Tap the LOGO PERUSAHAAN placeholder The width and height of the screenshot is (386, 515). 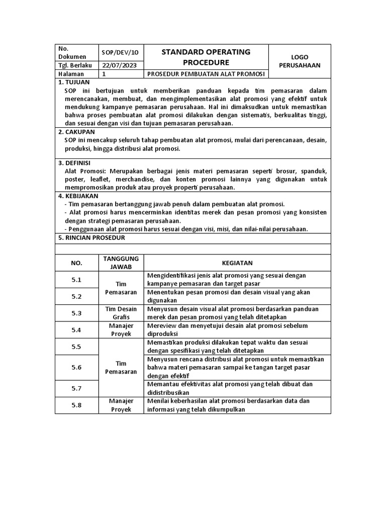coord(300,61)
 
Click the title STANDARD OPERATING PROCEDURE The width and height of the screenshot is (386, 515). coord(206,57)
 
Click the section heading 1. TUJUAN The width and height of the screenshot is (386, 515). coord(74,82)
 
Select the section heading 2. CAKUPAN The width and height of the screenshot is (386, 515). coord(77,132)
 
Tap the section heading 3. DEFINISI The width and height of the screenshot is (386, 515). coord(76,163)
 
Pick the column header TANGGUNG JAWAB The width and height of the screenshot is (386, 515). coord(121,263)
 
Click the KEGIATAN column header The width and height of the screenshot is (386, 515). coord(237,263)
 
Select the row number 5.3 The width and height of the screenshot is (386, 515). coord(76,313)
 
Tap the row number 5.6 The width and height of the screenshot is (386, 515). coord(76,367)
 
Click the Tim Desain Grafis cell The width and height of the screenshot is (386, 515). coord(121,313)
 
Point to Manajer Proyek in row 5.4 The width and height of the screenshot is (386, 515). coord(121,330)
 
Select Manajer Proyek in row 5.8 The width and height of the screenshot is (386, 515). coord(121,405)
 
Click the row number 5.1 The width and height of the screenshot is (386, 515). coord(76,280)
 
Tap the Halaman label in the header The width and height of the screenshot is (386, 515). coord(69,74)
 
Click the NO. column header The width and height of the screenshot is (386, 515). coord(76,263)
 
